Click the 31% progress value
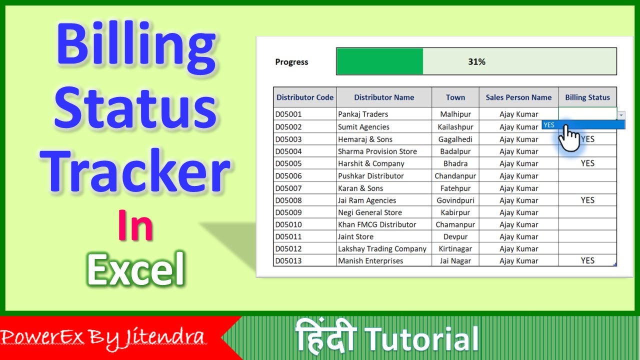click(476, 62)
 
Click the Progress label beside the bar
click(291, 62)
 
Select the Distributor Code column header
click(305, 97)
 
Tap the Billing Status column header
click(587, 97)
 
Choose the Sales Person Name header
click(518, 97)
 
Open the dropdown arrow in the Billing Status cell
click(621, 114)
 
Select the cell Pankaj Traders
click(363, 114)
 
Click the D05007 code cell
click(288, 188)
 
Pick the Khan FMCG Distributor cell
click(377, 224)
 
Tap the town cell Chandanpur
click(455, 176)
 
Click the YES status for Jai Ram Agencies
click(587, 200)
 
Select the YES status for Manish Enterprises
click(587, 260)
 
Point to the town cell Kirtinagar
click(455, 248)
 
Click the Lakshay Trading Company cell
click(382, 248)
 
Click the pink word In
click(135, 226)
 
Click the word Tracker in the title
click(136, 170)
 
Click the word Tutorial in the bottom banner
click(422, 338)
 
